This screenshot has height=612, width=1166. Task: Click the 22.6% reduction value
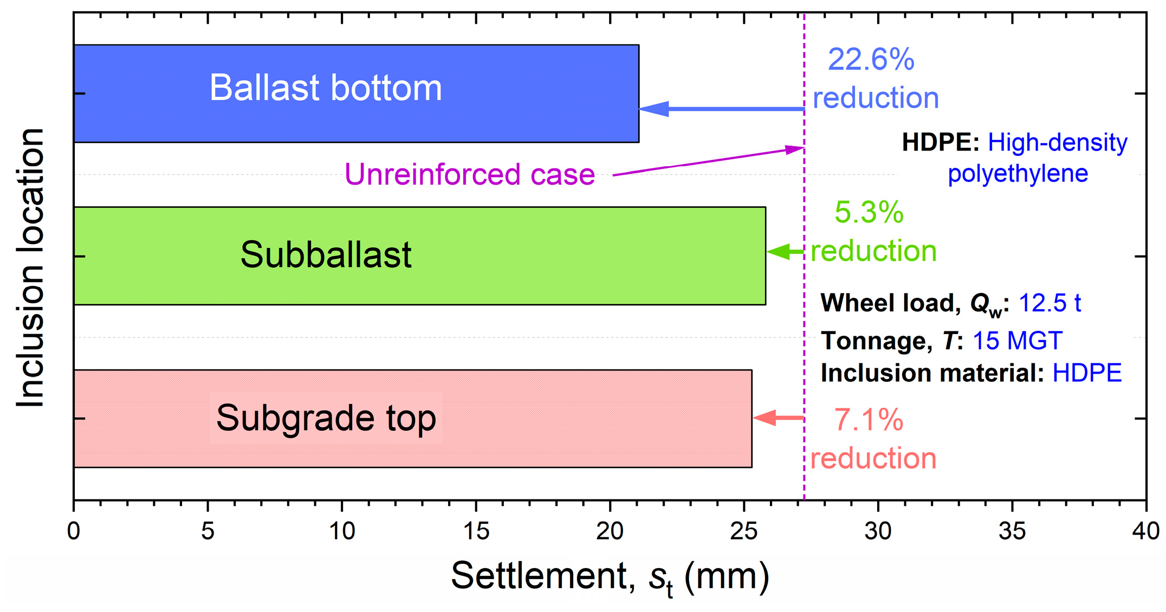point(871,60)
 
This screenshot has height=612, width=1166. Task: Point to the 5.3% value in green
point(869,212)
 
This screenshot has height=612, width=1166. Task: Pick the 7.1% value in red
point(868,420)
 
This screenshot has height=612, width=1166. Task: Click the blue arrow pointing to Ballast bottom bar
point(721,109)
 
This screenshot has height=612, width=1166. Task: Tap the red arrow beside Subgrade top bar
point(778,418)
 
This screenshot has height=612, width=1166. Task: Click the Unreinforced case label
point(470,174)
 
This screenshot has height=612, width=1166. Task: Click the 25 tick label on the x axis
point(744,531)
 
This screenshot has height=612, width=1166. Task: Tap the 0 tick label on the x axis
point(74,531)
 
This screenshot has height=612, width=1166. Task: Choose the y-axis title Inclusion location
point(30,268)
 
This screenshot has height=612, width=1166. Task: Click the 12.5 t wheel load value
point(1050,303)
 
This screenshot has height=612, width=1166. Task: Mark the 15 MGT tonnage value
point(1017,341)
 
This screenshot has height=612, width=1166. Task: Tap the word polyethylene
point(1018,173)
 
